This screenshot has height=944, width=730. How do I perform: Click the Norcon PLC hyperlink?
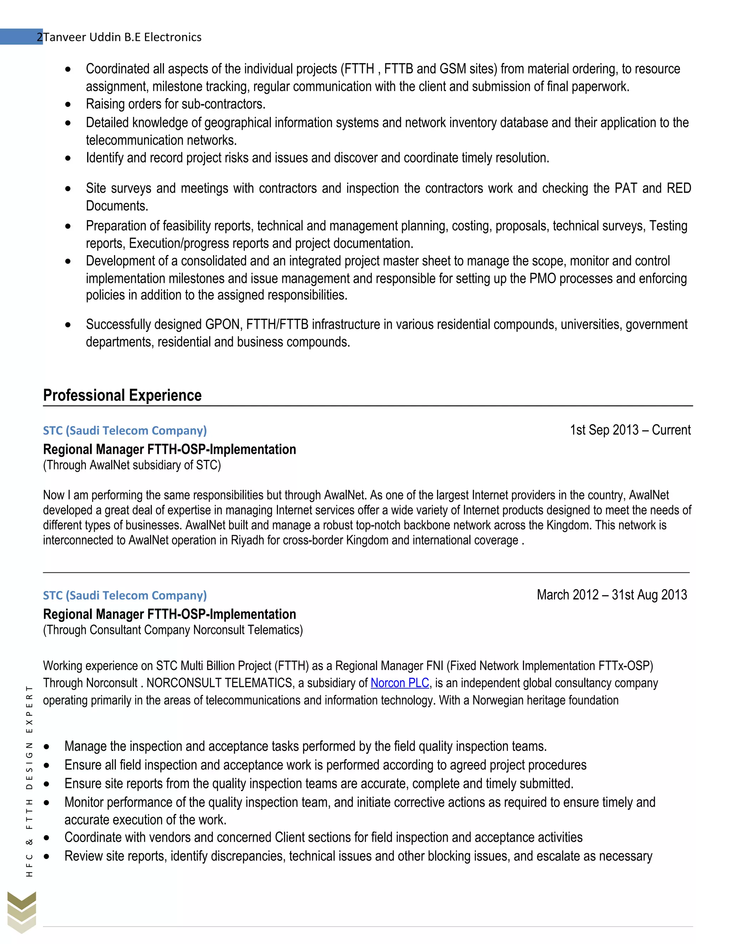click(399, 683)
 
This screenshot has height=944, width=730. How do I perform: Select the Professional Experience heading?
click(122, 395)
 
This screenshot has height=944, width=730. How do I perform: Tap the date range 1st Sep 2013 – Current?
click(630, 430)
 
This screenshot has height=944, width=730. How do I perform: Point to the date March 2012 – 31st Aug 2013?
click(612, 595)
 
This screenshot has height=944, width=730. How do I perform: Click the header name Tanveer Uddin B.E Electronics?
click(122, 37)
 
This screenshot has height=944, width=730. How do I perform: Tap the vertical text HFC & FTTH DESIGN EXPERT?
click(29, 780)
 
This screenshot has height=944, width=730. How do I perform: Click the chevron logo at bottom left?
click(22, 912)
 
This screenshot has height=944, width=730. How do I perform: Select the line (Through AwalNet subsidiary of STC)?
click(132, 465)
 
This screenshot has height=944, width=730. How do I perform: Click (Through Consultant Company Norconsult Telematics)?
click(173, 630)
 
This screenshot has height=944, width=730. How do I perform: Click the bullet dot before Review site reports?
click(46, 857)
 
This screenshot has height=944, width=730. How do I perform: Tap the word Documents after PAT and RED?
click(117, 206)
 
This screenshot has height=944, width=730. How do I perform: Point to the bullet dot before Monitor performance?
click(46, 803)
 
